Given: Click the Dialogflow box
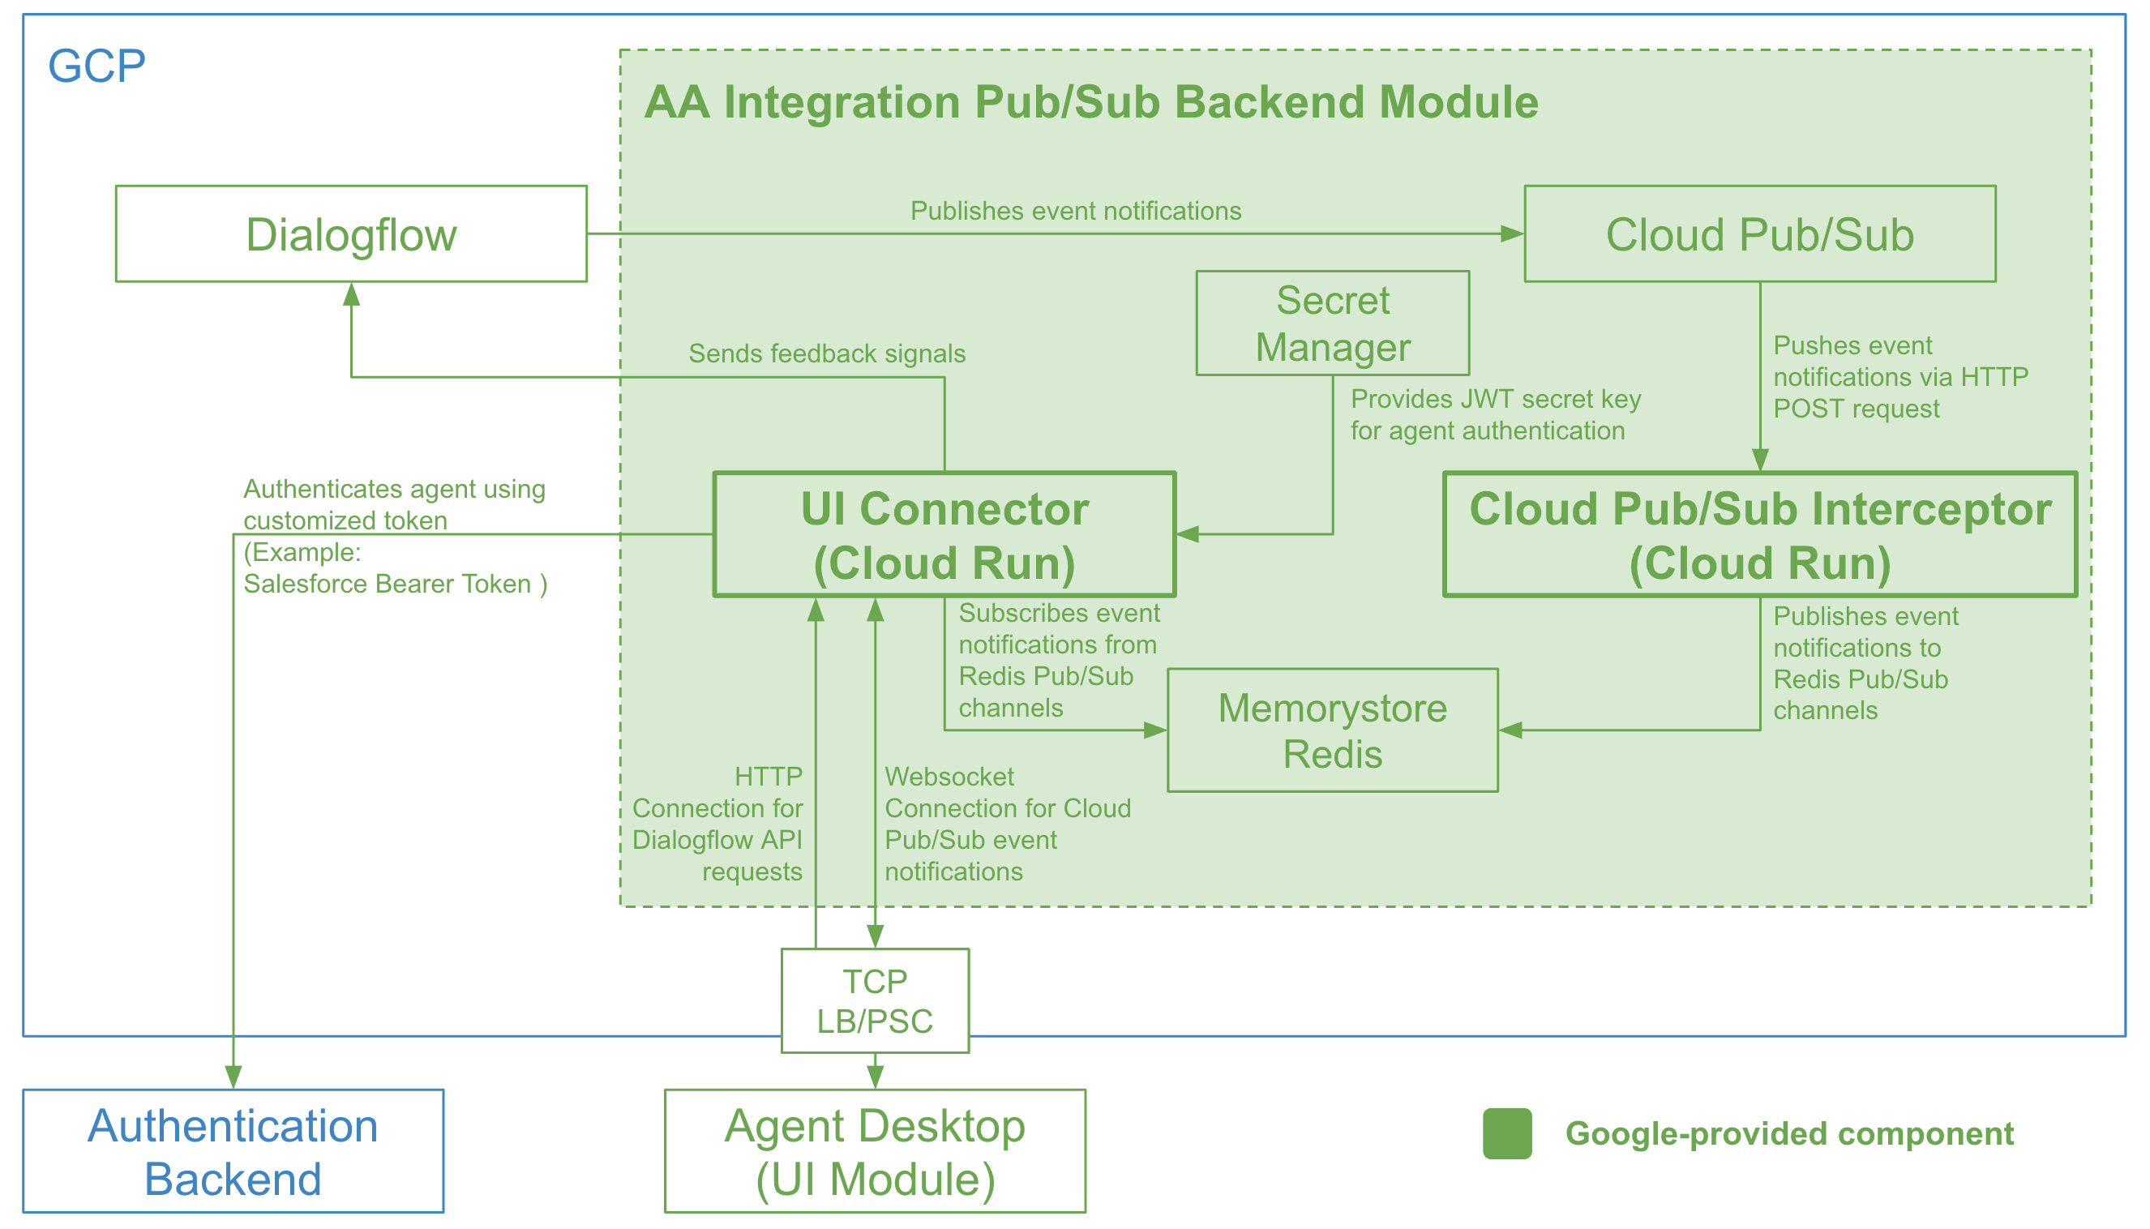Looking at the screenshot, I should click(351, 233).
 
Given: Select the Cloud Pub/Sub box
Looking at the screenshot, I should click(1759, 233).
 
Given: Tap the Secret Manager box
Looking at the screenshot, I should click(1332, 323).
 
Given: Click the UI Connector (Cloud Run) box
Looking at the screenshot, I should click(944, 535).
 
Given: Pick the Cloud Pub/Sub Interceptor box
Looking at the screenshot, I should click(1759, 535).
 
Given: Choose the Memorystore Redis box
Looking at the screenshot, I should click(1332, 730).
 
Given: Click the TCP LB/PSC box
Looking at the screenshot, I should click(875, 1001).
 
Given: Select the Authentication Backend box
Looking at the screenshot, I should click(233, 1151).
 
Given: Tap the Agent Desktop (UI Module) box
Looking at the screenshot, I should click(875, 1151).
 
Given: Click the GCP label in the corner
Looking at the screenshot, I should click(96, 66).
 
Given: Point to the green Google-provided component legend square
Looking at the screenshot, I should click(1507, 1133).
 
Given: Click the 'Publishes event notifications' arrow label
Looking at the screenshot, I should click(1076, 211).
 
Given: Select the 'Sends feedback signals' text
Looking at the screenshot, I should click(826, 353).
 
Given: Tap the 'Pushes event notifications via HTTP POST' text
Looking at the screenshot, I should click(1899, 376).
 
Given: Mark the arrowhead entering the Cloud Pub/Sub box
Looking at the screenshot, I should click(1512, 233).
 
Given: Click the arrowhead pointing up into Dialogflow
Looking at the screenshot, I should click(351, 294).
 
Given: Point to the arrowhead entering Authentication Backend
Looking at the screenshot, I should click(233, 1077).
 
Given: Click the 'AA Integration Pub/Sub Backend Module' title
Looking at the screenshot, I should click(1090, 102).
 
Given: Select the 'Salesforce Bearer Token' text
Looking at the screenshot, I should click(395, 585).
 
